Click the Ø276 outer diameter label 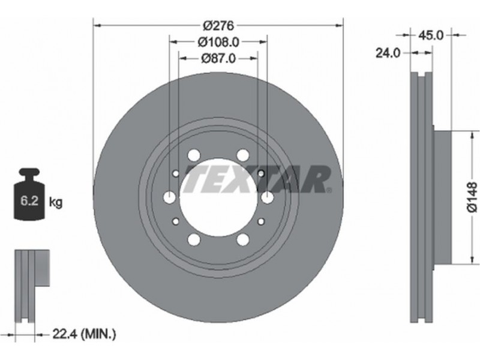218,26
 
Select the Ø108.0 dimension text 218,42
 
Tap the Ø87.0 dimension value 218,58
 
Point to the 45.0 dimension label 430,35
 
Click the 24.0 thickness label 388,53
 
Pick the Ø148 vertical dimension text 472,197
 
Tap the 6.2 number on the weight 29,201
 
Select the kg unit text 56,202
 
